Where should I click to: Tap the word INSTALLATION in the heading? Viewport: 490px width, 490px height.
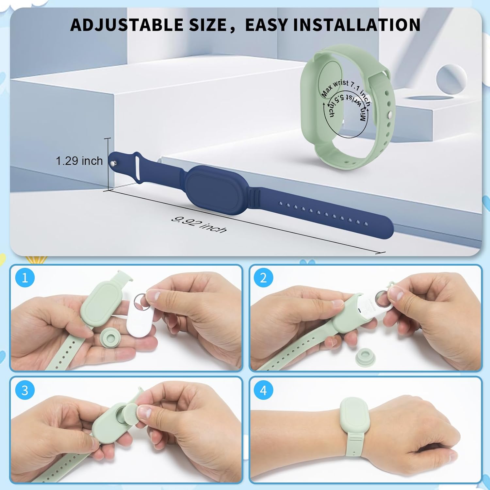coord(356,25)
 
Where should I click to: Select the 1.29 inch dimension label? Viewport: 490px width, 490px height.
coord(79,161)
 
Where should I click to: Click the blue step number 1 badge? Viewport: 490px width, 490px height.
coord(24,278)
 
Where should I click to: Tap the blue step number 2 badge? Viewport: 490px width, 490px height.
coord(263,278)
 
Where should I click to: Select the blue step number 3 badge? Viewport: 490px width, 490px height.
coord(24,390)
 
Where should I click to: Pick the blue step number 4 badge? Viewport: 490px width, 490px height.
coord(263,390)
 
